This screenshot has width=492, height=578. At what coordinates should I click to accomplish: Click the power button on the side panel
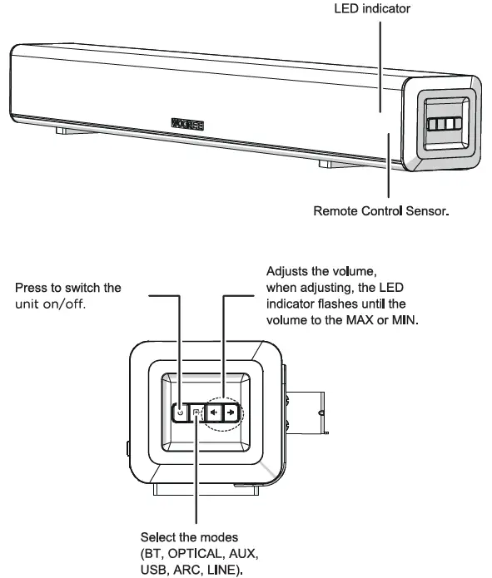click(x=180, y=412)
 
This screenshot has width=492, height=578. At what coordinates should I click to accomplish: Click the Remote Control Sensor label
click(x=380, y=211)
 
